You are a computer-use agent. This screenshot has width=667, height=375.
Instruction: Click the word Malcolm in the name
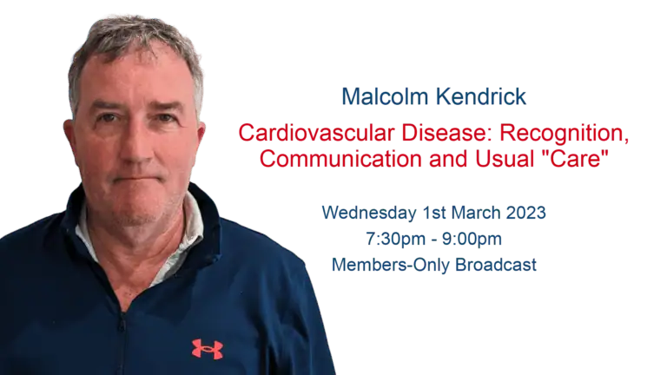(x=385, y=96)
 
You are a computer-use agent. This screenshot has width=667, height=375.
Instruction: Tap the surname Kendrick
(x=480, y=96)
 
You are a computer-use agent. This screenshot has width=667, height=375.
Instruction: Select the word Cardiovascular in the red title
(x=316, y=133)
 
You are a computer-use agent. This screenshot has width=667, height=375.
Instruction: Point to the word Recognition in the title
(x=564, y=134)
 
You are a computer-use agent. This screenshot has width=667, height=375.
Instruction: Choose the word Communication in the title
(x=340, y=159)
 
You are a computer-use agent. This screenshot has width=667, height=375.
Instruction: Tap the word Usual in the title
(x=505, y=159)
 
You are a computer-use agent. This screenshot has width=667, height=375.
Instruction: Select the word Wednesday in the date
(x=369, y=213)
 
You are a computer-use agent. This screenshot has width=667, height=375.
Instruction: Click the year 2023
(x=525, y=213)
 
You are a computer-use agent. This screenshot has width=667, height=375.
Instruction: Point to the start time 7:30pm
(x=396, y=240)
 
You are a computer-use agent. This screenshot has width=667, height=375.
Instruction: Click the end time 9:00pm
(x=472, y=240)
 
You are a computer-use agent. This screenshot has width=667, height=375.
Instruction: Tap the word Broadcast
(x=496, y=265)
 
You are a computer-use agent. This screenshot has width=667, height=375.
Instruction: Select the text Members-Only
(x=391, y=266)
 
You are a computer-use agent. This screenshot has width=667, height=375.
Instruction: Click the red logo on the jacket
(x=208, y=349)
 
